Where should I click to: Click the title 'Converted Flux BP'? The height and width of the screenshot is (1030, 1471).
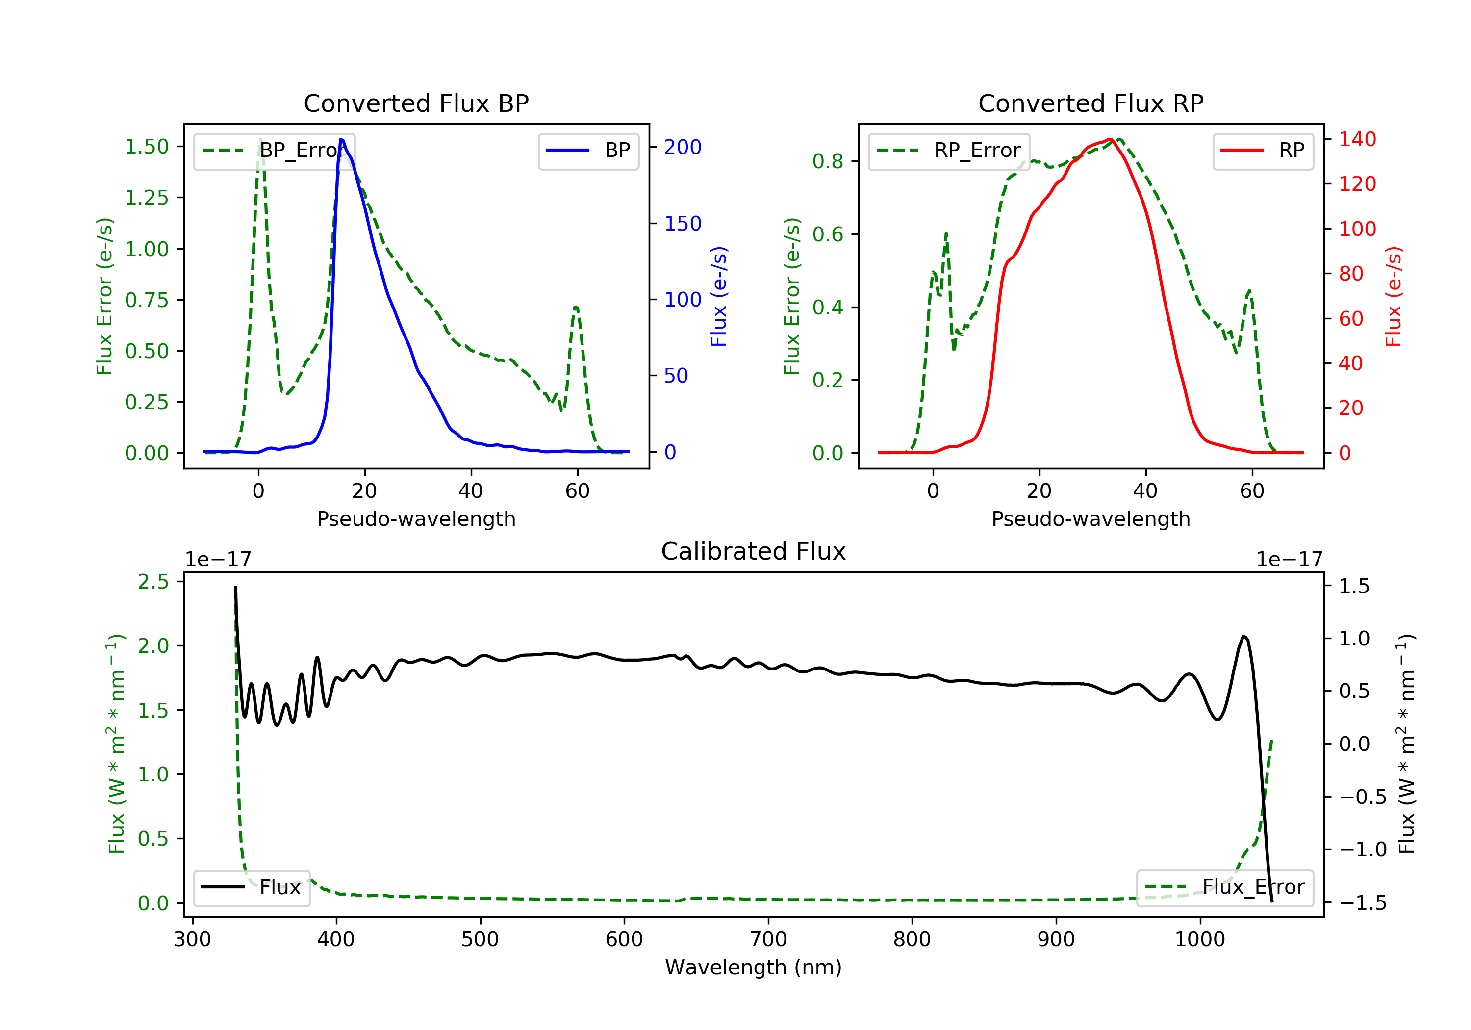416,103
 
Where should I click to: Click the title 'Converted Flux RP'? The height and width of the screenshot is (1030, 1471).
1091,103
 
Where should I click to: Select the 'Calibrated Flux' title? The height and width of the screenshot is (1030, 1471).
754,551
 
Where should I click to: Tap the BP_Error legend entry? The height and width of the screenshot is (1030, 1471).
274,151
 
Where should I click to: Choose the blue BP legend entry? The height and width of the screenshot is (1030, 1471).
588,151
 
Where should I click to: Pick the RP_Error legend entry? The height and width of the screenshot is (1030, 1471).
948,151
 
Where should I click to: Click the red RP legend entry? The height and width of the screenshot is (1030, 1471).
1263,151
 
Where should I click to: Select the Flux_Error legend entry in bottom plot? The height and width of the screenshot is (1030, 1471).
1224,887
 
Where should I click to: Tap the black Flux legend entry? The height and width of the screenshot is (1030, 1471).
251,887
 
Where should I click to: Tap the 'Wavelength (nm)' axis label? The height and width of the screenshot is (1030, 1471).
754,967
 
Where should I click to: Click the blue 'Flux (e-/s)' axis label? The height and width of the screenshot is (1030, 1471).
719,297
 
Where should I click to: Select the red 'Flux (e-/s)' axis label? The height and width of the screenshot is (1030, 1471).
1394,297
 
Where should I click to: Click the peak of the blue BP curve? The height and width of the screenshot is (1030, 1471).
341,139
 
